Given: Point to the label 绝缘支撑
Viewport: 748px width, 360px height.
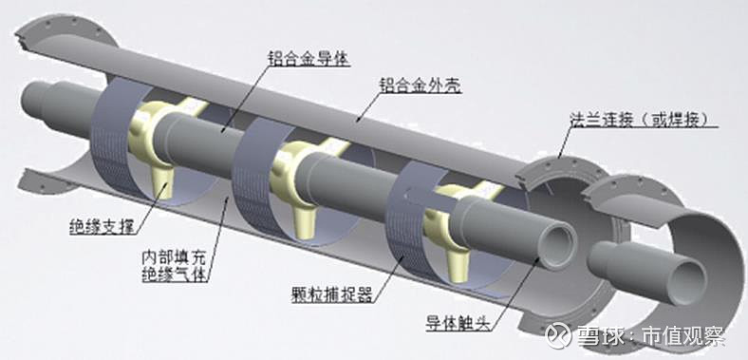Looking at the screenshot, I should click(100, 227).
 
